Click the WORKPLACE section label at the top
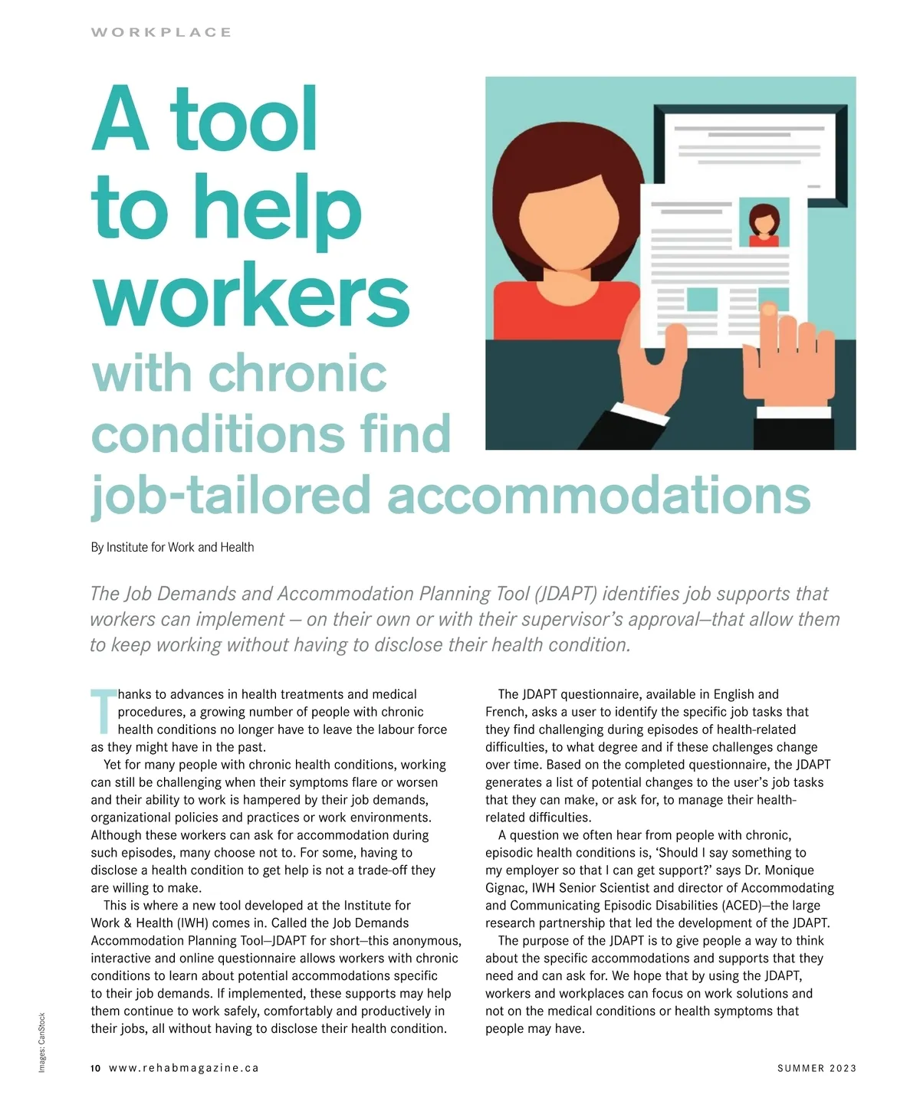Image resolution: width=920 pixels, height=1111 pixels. pyautogui.click(x=161, y=32)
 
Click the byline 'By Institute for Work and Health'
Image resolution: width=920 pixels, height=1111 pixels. pyautogui.click(x=172, y=547)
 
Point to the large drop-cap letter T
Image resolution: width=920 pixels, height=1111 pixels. pyautogui.click(x=103, y=711)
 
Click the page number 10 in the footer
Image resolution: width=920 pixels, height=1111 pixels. pyautogui.click(x=95, y=1068)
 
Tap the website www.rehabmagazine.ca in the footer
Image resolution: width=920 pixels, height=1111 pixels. pyautogui.click(x=184, y=1068)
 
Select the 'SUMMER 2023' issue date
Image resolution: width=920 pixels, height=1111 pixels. pyautogui.click(x=816, y=1068)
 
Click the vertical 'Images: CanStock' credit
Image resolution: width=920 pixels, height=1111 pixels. pyautogui.click(x=42, y=1042)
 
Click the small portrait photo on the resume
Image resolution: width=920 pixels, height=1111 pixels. pyautogui.click(x=764, y=223)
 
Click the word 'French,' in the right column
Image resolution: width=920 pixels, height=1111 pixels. pyautogui.click(x=506, y=712)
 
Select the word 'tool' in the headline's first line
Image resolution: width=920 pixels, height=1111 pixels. pyautogui.click(x=243, y=120)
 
